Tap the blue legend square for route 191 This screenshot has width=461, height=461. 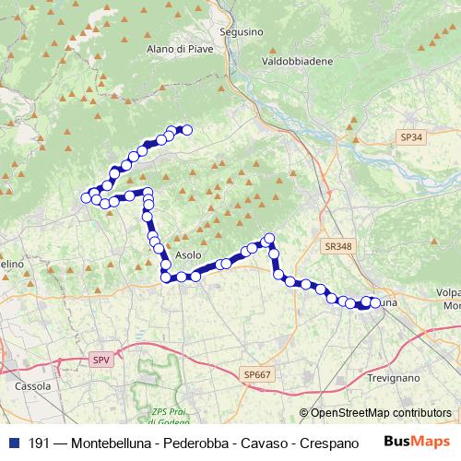pos(12,443)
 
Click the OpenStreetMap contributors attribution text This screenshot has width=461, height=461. pos(375,413)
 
